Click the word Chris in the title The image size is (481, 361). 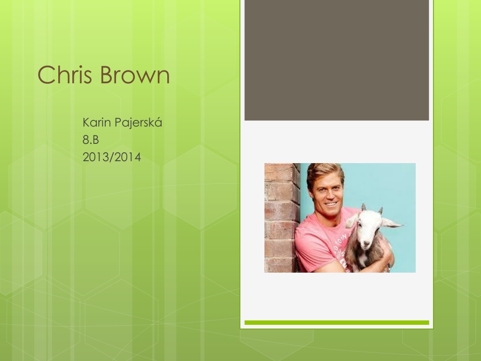point(65,74)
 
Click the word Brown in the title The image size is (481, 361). point(135,74)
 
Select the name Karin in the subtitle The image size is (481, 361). point(97,122)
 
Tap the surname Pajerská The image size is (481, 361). point(138,123)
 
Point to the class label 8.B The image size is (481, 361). point(91,140)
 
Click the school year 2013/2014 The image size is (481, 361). point(112,157)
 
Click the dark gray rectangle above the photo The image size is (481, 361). point(336,60)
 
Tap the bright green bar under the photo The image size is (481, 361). point(336,322)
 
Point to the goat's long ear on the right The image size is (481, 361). point(392,222)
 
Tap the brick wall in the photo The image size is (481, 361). point(282,218)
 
